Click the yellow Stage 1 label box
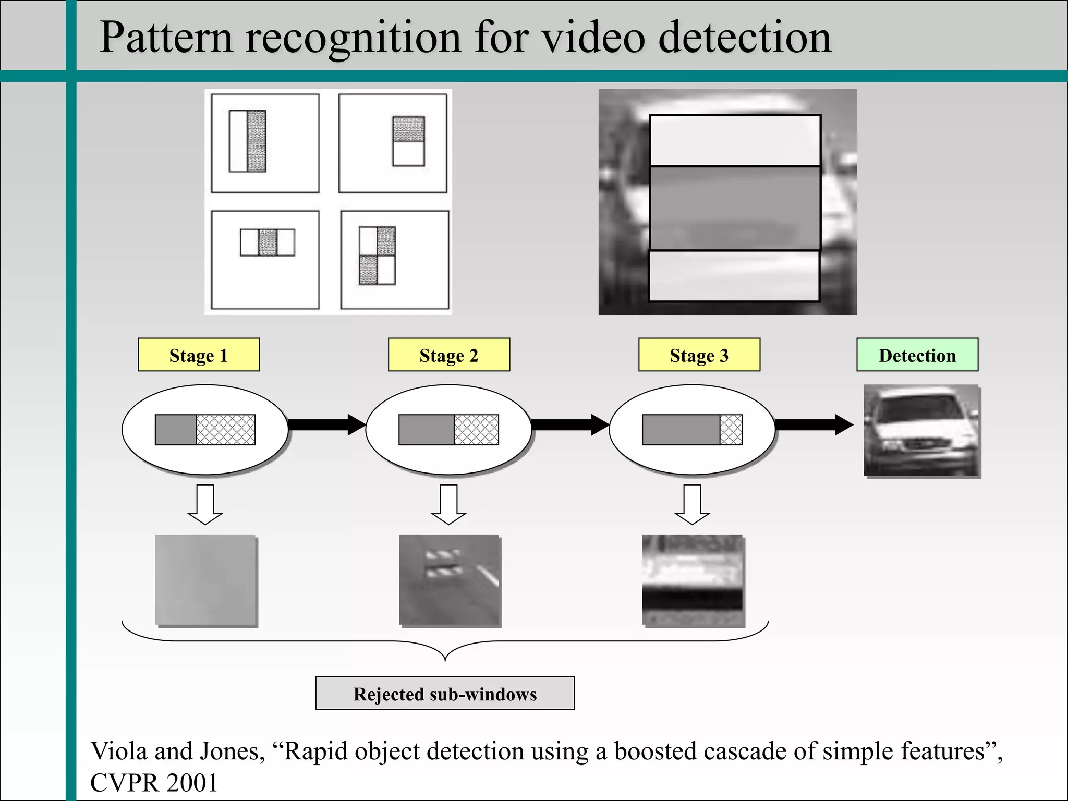[199, 355]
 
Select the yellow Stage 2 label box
[448, 355]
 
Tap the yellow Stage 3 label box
[699, 355]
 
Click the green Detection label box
[917, 355]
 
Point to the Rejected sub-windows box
[445, 694]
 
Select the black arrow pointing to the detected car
[814, 424]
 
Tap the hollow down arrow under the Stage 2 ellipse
[448, 504]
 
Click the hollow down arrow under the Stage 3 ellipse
[692, 504]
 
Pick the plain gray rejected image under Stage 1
[205, 579]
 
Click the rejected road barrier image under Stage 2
[449, 579]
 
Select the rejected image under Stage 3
[693, 579]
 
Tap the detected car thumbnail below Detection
[921, 430]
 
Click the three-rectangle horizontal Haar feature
[267, 242]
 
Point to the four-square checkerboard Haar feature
[377, 256]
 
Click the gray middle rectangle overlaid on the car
[735, 208]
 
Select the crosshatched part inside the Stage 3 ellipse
[731, 430]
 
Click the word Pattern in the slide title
[165, 38]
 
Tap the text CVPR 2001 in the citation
[154, 783]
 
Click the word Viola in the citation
[117, 751]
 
